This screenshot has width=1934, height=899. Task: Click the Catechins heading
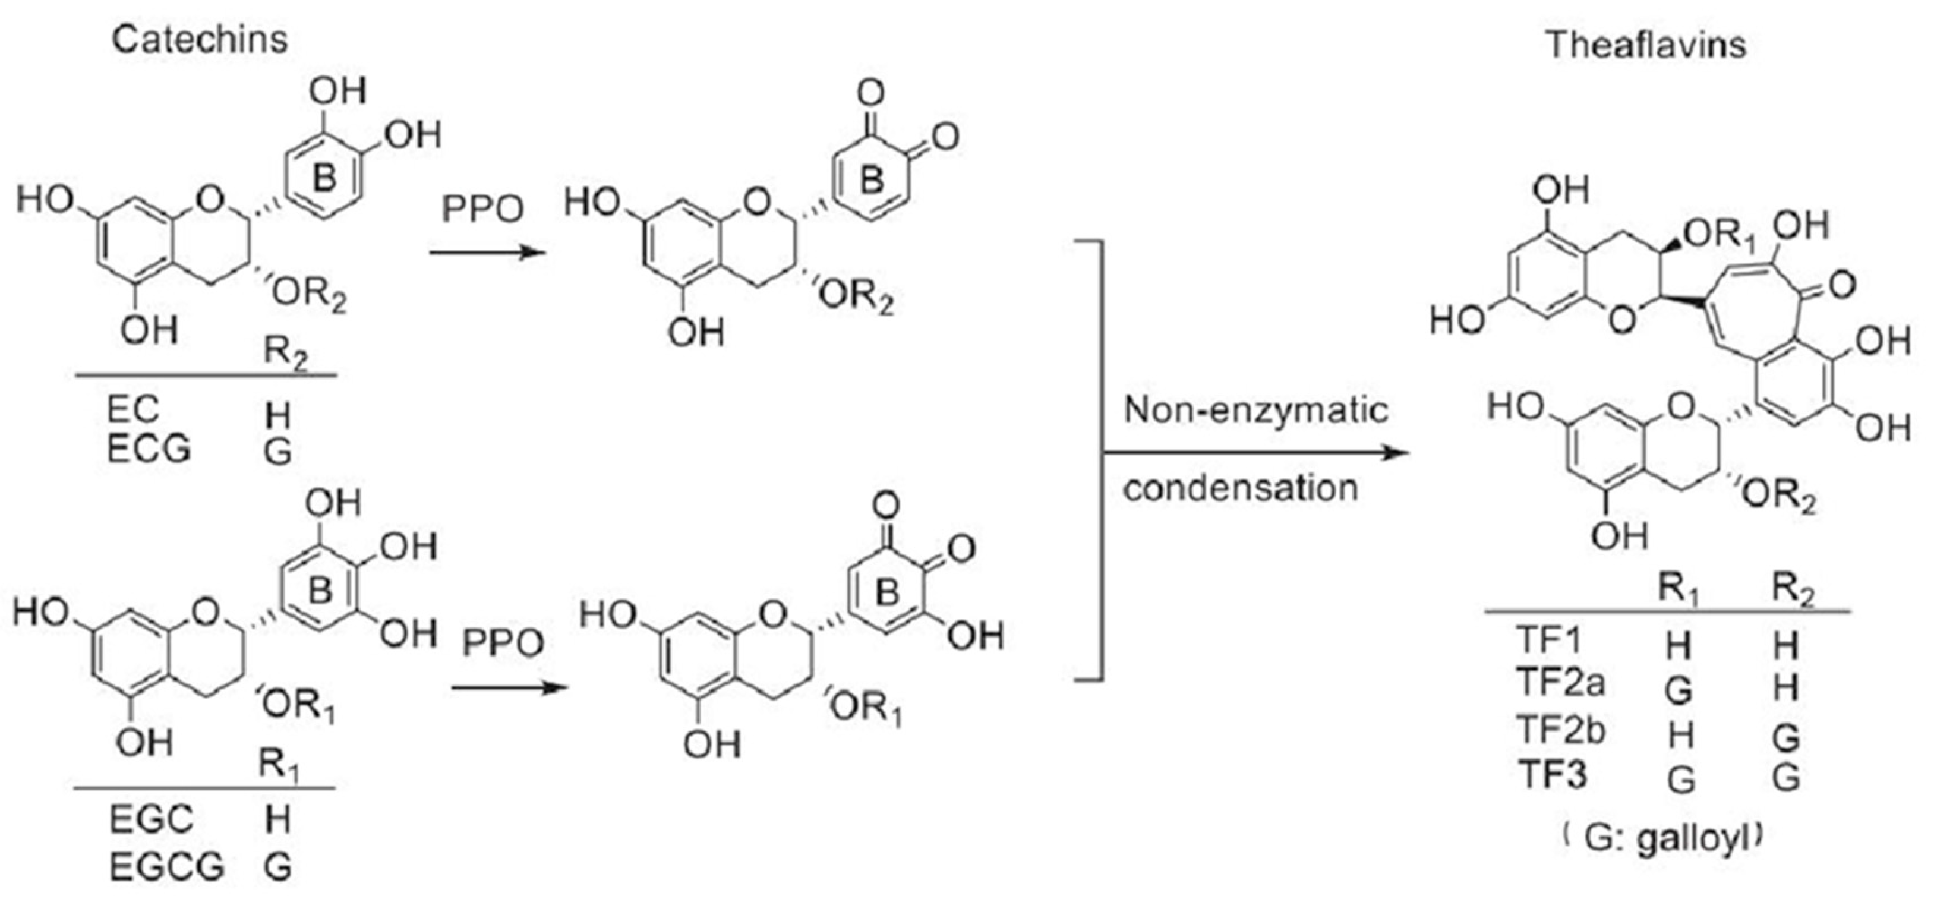point(200,40)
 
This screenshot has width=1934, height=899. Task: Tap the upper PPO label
point(482,210)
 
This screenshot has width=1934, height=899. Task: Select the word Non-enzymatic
point(1256,411)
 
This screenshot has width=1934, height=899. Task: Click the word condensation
point(1240,488)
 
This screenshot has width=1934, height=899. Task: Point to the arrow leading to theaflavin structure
point(1254,453)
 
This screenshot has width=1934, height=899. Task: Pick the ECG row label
point(149,449)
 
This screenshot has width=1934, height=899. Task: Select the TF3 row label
point(1550,775)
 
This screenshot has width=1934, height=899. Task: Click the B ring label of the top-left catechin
point(324,179)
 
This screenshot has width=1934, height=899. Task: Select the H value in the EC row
point(278,414)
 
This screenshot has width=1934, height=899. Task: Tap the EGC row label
point(151,819)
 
